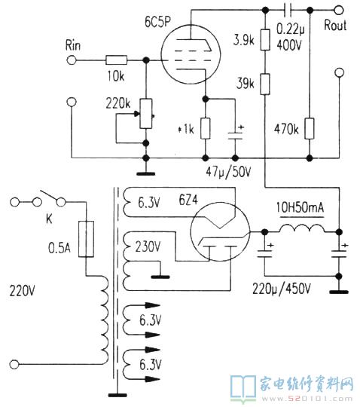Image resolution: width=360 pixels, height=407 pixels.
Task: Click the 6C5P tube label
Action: pos(158,21)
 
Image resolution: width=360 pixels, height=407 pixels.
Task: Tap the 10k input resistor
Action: pos(117,60)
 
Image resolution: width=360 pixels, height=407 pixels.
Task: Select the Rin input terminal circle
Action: pos(72,60)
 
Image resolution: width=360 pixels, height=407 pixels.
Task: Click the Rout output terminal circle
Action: pos(339,11)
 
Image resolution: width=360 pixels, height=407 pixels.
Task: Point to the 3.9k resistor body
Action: pos(265,40)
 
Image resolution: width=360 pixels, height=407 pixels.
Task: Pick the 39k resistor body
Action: pos(265,84)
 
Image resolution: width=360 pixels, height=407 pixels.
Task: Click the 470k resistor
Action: pos(310,128)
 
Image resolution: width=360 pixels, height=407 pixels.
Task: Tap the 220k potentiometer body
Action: pos(146,113)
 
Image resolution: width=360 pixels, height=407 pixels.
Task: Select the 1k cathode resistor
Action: pos(206,128)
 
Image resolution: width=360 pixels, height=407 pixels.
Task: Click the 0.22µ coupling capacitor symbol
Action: pos(288,11)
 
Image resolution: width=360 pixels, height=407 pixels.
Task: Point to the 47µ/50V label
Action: pos(228,172)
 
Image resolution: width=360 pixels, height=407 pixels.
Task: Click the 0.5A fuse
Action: pos(86,239)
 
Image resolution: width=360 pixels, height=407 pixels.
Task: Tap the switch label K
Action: pos(49,219)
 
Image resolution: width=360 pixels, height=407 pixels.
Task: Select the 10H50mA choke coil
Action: pos(302,228)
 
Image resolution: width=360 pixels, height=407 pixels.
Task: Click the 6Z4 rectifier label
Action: pos(188,200)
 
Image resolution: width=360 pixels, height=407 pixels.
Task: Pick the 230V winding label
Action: pos(148,246)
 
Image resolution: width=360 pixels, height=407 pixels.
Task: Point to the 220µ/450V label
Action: pos(282,289)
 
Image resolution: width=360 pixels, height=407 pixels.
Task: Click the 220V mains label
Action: pos(22,291)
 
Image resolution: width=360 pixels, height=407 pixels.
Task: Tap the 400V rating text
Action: pos(289,45)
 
